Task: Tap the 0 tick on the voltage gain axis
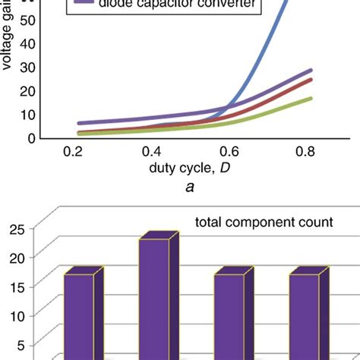[x=33, y=137]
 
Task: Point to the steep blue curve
[x=254, y=61]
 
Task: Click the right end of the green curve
[x=311, y=98]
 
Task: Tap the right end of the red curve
[x=311, y=80]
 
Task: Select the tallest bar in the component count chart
[x=153, y=296]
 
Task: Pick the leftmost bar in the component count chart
[x=78, y=315]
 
